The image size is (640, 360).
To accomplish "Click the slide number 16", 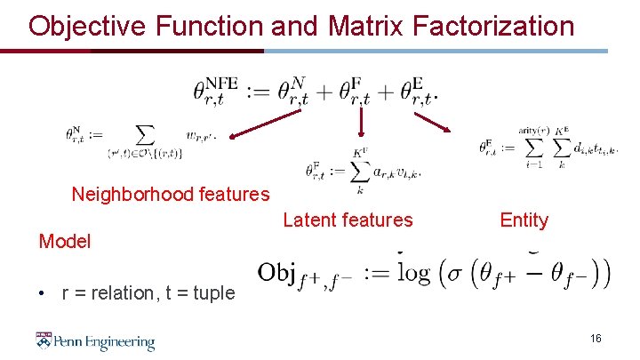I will tap(596, 339).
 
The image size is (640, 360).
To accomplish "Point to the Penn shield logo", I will tap(44, 340).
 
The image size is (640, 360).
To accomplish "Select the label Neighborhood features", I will tap(171, 194).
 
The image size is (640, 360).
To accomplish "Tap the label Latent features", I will tap(348, 220).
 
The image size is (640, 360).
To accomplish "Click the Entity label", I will tap(524, 220).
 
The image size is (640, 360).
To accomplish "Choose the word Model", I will tap(64, 241).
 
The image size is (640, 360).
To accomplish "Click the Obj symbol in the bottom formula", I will tap(278, 273).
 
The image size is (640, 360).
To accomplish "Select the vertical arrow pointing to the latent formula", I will tap(361, 124).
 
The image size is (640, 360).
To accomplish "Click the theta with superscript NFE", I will tap(216, 91).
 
